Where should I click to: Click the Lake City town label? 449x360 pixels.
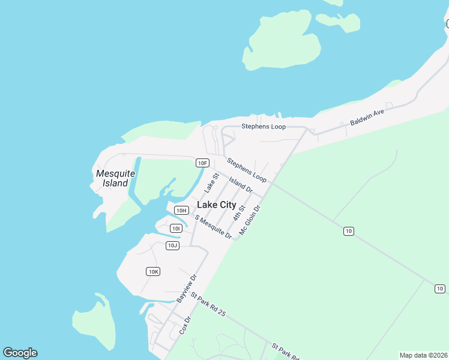pos(217,205)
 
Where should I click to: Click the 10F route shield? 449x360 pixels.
pos(202,163)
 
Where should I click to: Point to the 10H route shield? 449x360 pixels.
pos(181,210)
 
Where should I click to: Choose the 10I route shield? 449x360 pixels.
pos(176,228)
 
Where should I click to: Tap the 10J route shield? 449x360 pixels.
pos(172,245)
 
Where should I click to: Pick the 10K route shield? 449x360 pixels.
pos(153,272)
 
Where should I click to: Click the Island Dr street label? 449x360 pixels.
pos(241,184)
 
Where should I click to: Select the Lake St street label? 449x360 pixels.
pos(209,182)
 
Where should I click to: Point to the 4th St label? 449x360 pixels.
pos(240,212)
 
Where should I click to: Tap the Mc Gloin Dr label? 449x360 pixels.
pos(250,220)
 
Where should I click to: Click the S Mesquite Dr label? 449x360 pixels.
pos(213,226)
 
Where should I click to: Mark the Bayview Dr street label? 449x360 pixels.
pos(187,288)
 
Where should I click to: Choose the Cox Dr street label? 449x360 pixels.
pos(185,326)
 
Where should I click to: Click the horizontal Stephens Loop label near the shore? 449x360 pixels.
pos(264,127)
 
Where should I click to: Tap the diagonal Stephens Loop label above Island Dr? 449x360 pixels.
pos(246,170)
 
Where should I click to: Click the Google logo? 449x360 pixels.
pos(20,353)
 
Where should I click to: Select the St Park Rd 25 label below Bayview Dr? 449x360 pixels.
pos(208,304)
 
